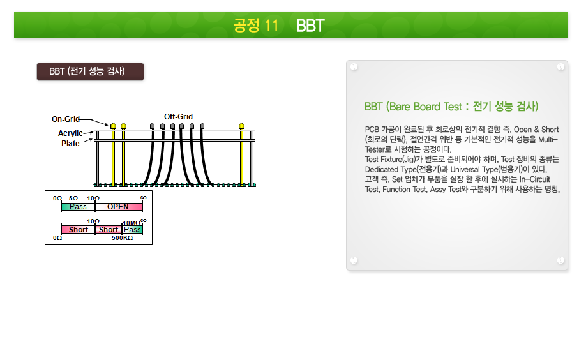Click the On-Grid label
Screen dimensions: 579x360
coord(66,119)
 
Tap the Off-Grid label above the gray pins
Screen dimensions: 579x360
coord(178,117)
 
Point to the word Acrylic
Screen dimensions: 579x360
coord(70,133)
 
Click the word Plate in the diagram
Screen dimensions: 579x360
coord(70,143)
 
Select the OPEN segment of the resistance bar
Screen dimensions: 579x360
coord(119,207)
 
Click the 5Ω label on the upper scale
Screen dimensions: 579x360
coord(73,199)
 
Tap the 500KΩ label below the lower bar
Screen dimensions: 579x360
coord(122,238)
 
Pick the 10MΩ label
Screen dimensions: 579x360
coord(132,223)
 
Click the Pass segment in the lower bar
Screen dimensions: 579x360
coord(132,230)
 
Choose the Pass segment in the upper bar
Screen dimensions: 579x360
coord(78,207)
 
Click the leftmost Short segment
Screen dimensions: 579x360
coord(78,230)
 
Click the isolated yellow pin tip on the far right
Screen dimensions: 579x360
coord(241,126)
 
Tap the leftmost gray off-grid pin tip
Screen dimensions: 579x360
coord(152,126)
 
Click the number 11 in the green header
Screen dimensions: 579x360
coord(271,26)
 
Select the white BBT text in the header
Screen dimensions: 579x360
coord(310,26)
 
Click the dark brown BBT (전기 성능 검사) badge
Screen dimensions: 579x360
coord(90,71)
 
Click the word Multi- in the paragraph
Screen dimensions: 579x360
coord(548,140)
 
